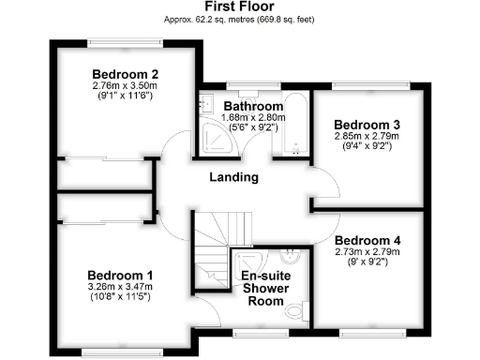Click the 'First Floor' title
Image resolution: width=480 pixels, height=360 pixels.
tap(238, 7)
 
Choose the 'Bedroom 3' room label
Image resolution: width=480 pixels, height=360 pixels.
tap(367, 125)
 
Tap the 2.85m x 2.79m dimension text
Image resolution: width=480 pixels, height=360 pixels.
tap(367, 136)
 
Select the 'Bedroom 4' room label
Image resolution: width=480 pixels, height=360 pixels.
tap(367, 240)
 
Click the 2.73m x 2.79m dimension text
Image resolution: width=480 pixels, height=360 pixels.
tap(367, 251)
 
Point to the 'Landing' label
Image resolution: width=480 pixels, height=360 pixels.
tap(233, 176)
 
